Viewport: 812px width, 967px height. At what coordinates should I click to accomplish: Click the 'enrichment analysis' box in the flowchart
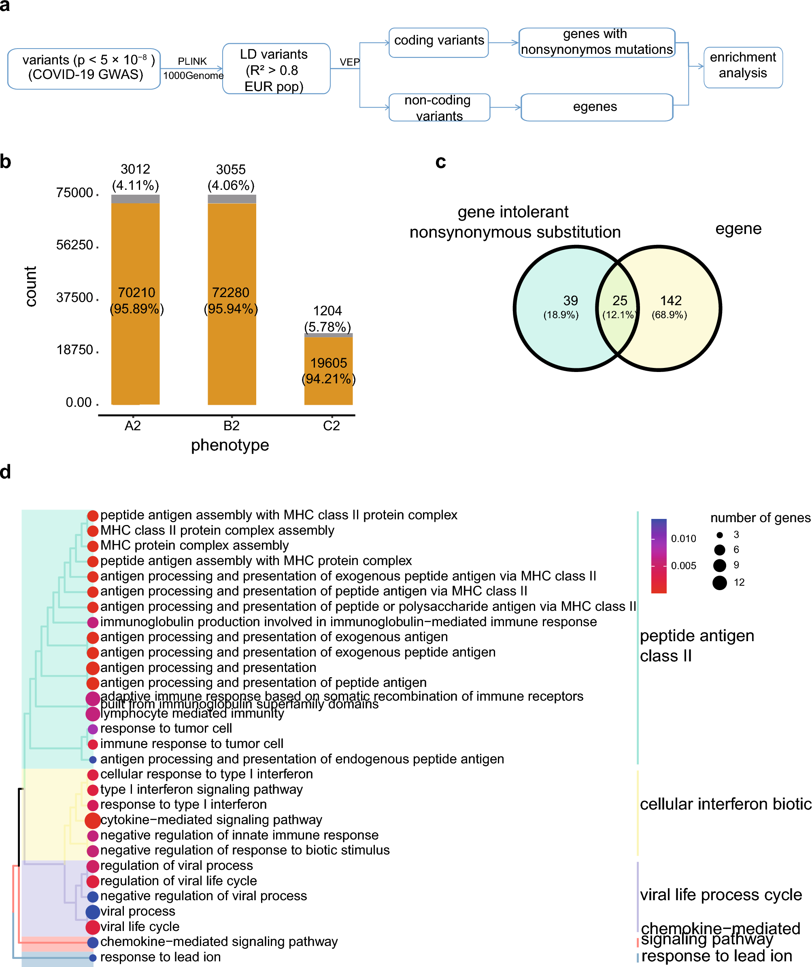(x=742, y=67)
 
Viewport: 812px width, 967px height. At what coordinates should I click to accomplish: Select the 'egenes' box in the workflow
(x=596, y=107)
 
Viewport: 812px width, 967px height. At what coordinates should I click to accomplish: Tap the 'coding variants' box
(x=438, y=42)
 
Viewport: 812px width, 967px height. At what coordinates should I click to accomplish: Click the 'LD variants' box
(x=276, y=69)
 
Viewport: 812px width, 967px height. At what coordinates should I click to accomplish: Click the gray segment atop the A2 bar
(x=136, y=198)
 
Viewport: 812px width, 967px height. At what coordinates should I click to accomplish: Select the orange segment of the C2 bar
(x=328, y=370)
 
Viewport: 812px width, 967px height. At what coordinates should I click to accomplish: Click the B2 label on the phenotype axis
(x=231, y=425)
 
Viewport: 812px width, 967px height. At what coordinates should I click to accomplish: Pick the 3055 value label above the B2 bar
(x=231, y=170)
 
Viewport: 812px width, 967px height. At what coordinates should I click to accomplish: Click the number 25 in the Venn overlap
(x=619, y=300)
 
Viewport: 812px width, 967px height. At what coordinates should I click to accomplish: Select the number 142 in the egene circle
(x=671, y=300)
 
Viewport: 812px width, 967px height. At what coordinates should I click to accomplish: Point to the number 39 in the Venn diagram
(x=570, y=300)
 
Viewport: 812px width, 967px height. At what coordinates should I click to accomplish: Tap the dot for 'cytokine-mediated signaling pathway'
(x=93, y=820)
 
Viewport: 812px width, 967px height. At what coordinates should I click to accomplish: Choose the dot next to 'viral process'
(x=93, y=911)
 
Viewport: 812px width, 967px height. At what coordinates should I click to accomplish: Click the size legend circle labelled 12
(x=719, y=582)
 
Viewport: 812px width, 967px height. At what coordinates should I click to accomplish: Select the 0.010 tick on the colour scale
(x=683, y=538)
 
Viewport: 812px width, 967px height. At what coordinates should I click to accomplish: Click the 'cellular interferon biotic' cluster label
(x=725, y=804)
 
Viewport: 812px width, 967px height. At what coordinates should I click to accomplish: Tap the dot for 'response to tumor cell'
(x=93, y=729)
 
